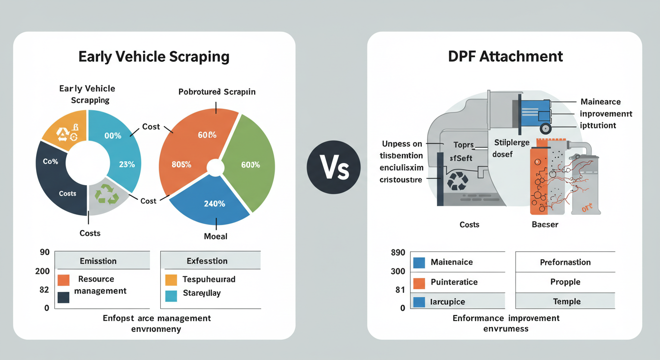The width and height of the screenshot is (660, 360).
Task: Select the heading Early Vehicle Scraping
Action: [154, 57]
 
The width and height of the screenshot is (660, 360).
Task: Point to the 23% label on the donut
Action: [127, 165]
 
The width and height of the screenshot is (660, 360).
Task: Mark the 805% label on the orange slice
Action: [181, 165]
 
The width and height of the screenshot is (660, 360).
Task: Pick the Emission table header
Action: [98, 261]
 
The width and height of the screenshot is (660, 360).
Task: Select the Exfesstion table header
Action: [207, 261]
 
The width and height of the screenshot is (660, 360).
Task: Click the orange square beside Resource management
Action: [63, 280]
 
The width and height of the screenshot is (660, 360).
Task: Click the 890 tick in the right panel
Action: [397, 253]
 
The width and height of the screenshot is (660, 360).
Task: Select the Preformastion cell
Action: [565, 262]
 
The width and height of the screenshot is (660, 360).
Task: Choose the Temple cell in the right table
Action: [566, 301]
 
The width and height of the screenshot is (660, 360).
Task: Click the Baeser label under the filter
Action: [545, 225]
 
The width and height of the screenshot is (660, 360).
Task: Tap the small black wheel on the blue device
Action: [545, 128]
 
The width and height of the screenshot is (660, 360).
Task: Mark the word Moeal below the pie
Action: [216, 236]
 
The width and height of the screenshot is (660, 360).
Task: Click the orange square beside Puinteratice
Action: [419, 283]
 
